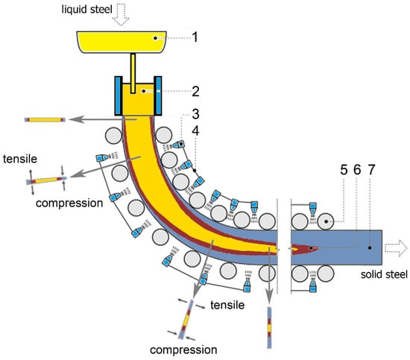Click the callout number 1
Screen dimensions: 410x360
pyautogui.click(x=195, y=37)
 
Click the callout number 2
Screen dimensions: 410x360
pyautogui.click(x=195, y=92)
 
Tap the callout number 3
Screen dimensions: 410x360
pyautogui.click(x=195, y=114)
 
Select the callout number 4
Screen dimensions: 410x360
pyautogui.click(x=195, y=130)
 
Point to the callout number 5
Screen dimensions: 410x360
pyautogui.click(x=344, y=169)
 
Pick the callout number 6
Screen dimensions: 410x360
pyautogui.click(x=357, y=169)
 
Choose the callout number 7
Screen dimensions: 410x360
pyautogui.click(x=371, y=169)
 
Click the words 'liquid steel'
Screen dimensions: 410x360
pyautogui.click(x=86, y=10)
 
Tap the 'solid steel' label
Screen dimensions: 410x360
pyautogui.click(x=384, y=274)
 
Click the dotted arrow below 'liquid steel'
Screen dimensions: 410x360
pyautogui.click(x=121, y=16)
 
